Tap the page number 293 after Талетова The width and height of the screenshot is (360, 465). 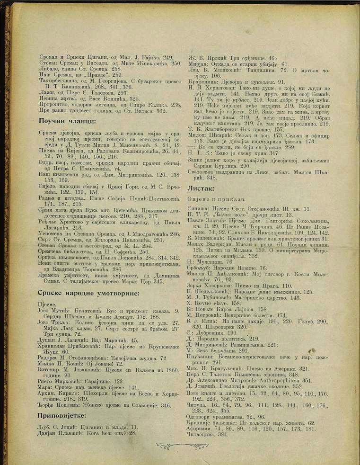(121, 93)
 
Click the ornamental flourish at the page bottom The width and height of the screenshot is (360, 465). (182, 446)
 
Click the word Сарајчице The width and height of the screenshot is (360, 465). (92, 381)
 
